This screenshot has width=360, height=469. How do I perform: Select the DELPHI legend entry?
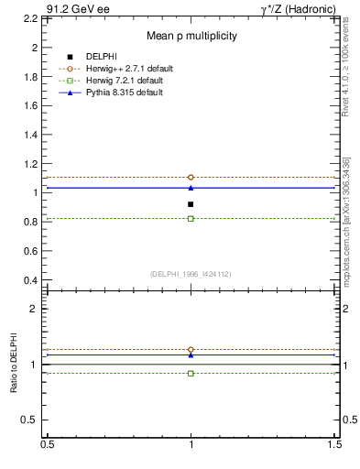pos(101,57)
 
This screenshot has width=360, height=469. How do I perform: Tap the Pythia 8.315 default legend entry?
pos(124,93)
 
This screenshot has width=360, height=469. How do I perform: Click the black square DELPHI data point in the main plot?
pos(191,204)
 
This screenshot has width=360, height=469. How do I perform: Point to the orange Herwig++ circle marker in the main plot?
pos(191,177)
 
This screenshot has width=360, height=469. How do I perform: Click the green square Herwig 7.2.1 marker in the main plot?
pos(191,219)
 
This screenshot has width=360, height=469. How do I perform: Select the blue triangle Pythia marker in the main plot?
pos(191,188)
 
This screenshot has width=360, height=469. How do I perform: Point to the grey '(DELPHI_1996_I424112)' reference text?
pos(191,273)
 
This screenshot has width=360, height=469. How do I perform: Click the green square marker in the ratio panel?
pos(191,374)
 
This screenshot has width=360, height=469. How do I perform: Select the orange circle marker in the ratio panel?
pos(191,350)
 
